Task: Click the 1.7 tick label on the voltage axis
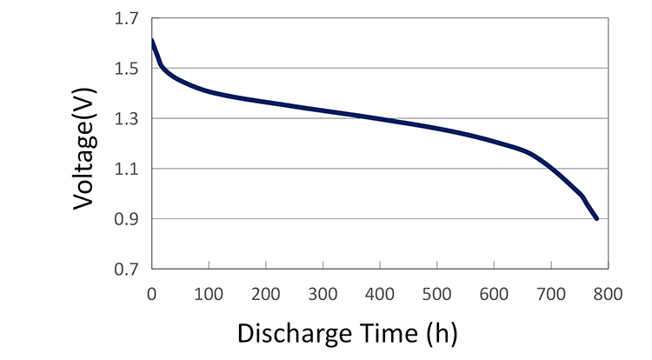coord(126,19)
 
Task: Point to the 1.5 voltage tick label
coord(126,69)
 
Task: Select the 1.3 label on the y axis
coord(126,119)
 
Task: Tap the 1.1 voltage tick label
coord(126,170)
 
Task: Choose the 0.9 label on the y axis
coord(126,219)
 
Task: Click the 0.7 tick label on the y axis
coord(126,270)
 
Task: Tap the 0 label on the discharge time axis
coord(152,294)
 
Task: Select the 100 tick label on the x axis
coord(209,294)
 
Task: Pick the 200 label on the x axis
coord(266,294)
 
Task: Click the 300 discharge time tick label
coord(323,294)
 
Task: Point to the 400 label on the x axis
coord(380,294)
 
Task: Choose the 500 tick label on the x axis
coord(436,294)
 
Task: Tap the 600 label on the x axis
coord(494,294)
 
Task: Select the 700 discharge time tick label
coord(551,294)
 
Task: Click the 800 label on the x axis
coord(608,294)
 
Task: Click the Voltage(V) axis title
coord(84,149)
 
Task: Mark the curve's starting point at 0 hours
coord(152,40)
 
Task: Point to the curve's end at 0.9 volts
coord(596,218)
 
